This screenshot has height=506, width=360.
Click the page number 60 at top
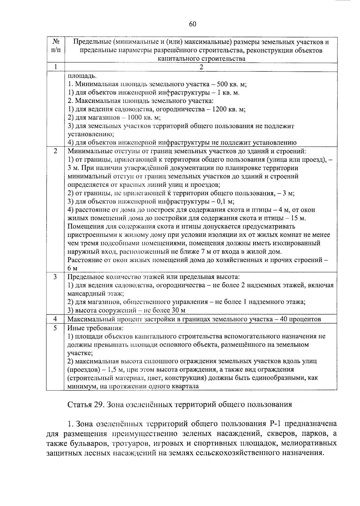coord(193,24)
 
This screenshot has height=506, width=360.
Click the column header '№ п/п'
coord(55,46)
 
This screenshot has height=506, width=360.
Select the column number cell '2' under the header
coord(201,67)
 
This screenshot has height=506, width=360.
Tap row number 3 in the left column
coord(55,277)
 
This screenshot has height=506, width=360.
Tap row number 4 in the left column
coord(55,319)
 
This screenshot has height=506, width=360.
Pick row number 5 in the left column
coord(55,328)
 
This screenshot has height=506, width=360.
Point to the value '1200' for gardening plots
coord(219,110)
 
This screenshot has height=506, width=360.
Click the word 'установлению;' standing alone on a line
coord(87,134)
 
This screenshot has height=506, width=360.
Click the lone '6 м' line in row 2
coord(73,268)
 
